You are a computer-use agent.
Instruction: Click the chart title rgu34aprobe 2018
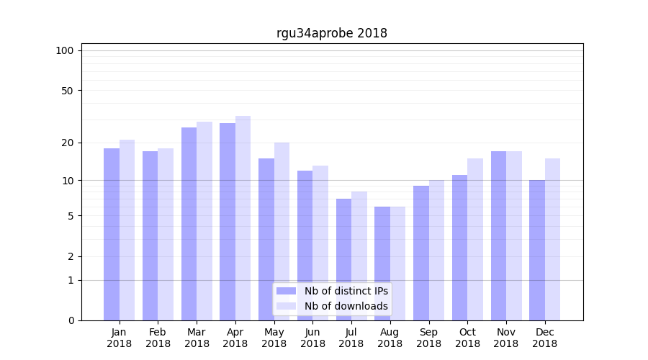point(332,33)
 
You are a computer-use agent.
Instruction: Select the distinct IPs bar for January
point(112,234)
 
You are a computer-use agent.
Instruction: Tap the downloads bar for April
point(243,218)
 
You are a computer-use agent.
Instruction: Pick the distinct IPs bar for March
point(189,224)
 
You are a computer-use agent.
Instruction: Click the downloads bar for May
point(282,231)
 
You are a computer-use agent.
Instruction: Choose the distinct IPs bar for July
point(343,259)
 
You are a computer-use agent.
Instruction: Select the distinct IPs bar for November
point(498,235)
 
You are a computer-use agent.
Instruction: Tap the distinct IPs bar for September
point(421,253)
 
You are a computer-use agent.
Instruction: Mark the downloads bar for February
point(166,234)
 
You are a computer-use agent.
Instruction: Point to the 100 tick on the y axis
point(65,50)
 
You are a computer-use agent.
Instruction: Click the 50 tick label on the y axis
point(68,91)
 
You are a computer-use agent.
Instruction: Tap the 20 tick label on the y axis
point(68,143)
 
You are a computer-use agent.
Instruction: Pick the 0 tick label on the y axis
point(71,320)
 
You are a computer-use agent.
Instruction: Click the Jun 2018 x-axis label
point(312,338)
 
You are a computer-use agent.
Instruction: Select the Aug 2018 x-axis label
point(390,338)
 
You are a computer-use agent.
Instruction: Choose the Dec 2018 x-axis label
point(544,338)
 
